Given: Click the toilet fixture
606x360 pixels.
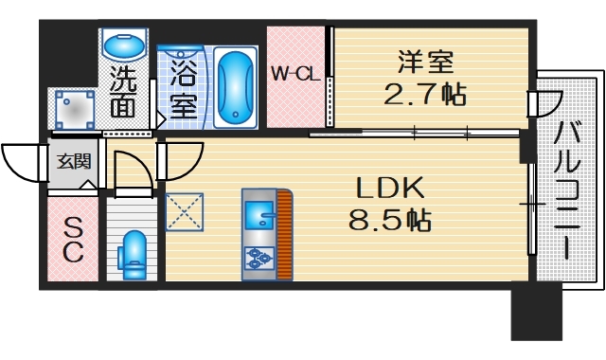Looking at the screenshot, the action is [x=132, y=255].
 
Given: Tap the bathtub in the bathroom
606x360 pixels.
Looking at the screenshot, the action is [x=234, y=88].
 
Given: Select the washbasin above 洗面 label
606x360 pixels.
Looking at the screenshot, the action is [x=123, y=45].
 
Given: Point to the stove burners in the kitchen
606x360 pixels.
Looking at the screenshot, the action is [x=258, y=258].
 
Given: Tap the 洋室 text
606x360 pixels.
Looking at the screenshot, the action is [x=425, y=64].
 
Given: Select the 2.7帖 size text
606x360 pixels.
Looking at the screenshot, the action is [x=425, y=95].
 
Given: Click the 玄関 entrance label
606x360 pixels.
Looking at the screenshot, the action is [x=70, y=161].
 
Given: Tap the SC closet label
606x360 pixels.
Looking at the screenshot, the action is [x=73, y=239].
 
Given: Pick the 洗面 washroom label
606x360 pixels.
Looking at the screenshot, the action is [x=122, y=93].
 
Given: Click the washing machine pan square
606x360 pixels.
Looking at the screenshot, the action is [x=73, y=110].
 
